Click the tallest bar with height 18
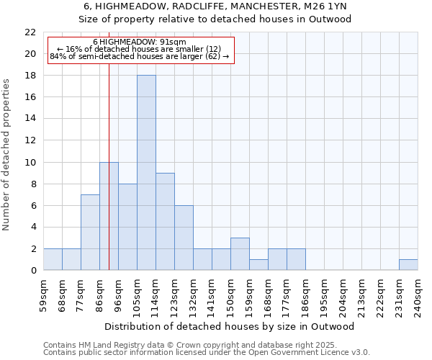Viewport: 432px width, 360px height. point(146,173)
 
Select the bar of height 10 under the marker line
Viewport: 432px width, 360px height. point(109,216)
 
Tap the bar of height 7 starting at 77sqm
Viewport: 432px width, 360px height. point(90,232)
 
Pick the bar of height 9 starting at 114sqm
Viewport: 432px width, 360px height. point(165,221)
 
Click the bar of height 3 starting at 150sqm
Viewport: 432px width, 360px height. point(240,253)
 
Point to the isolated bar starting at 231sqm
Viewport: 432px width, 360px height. point(408,264)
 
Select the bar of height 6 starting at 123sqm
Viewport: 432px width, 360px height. point(184,238)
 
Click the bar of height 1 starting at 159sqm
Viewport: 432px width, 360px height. point(258,264)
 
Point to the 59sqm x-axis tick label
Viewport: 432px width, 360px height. point(43,294)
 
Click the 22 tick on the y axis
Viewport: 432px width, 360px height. point(30,32)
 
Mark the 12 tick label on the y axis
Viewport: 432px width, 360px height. point(30,140)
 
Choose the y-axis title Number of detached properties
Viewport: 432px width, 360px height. point(6,155)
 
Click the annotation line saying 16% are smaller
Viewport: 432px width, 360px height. point(140,49)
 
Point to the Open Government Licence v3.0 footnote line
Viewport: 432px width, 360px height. point(207,352)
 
